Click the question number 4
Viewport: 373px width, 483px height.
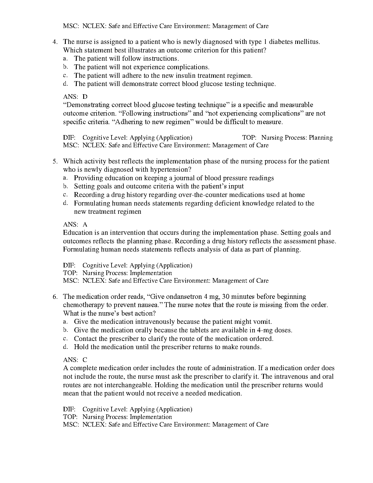(x=55, y=42)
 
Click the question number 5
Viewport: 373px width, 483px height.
(x=55, y=161)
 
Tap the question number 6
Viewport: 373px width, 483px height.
(x=55, y=297)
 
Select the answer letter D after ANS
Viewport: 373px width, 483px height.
(x=85, y=97)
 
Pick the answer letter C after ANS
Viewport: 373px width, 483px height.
(x=85, y=360)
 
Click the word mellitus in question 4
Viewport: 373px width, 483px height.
(x=307, y=42)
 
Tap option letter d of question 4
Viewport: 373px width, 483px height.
(x=65, y=84)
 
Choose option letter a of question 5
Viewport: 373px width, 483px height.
(x=65, y=178)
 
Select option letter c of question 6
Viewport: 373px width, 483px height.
(x=65, y=338)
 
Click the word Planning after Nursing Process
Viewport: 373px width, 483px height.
(x=321, y=138)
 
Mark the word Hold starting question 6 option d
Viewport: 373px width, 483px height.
(x=81, y=347)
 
